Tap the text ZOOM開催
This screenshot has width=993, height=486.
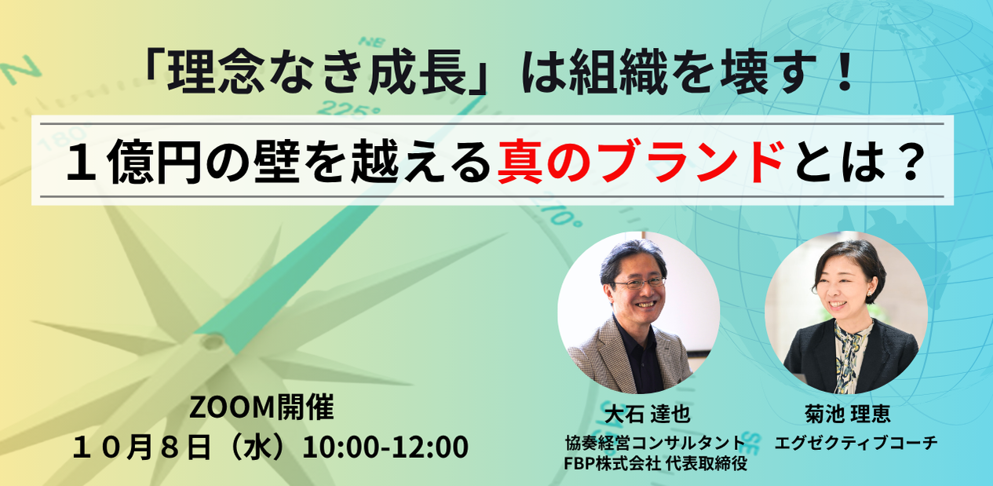(261, 407)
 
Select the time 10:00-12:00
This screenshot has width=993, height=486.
(385, 447)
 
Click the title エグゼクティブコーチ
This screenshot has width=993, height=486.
(856, 443)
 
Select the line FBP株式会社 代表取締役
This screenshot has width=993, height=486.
(655, 463)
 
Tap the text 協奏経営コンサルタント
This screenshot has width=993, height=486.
(655, 443)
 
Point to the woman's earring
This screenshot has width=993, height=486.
(869, 294)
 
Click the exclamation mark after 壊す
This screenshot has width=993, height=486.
(845, 72)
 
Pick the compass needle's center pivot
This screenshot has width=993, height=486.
(213, 342)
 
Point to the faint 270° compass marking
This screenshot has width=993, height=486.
(560, 211)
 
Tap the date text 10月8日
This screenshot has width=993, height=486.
(142, 448)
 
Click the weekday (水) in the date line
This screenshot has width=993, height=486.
(257, 448)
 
